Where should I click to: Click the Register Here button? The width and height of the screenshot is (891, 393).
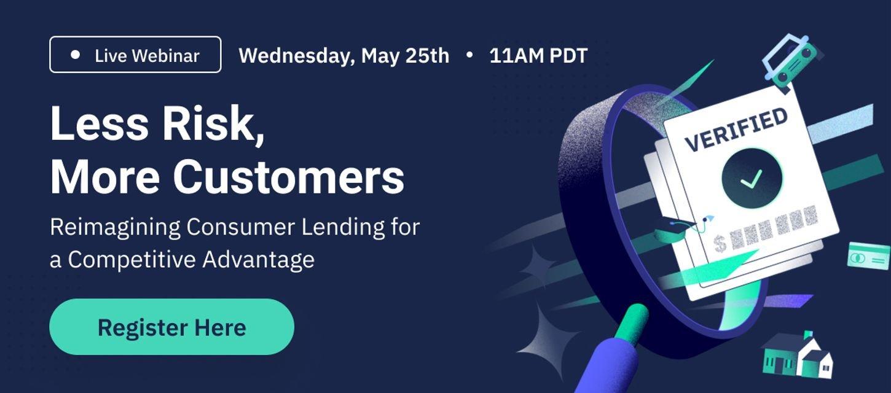(171, 327)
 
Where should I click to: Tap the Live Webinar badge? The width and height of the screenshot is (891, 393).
(135, 55)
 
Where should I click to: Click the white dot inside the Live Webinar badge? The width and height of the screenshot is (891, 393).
(75, 55)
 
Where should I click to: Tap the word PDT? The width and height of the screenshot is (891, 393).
(568, 56)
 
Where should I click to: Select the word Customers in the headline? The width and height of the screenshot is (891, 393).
(288, 176)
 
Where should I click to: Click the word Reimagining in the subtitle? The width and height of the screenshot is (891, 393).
(115, 228)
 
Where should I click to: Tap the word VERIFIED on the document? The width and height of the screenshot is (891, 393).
(736, 130)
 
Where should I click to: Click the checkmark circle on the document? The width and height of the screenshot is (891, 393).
(752, 179)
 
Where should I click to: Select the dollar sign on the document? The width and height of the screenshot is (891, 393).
(720, 243)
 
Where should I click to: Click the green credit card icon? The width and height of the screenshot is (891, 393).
(868, 256)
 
